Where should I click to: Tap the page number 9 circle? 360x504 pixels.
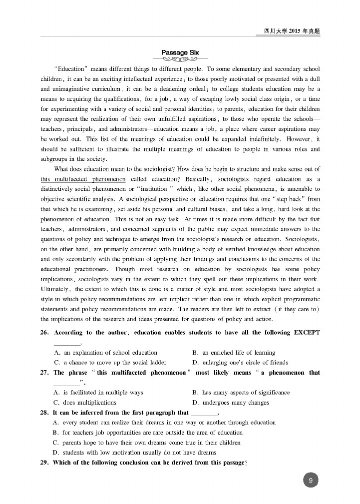(311, 481)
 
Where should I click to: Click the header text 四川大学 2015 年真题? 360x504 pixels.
(292, 31)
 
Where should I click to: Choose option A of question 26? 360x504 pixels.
(105, 353)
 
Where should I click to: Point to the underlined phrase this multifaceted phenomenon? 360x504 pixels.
(83, 179)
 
